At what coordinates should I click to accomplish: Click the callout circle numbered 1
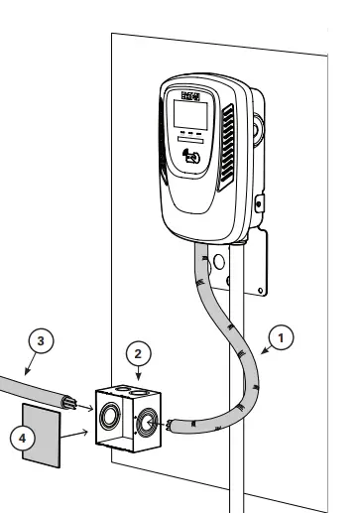[284, 336]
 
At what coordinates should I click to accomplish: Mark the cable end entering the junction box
[170, 426]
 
